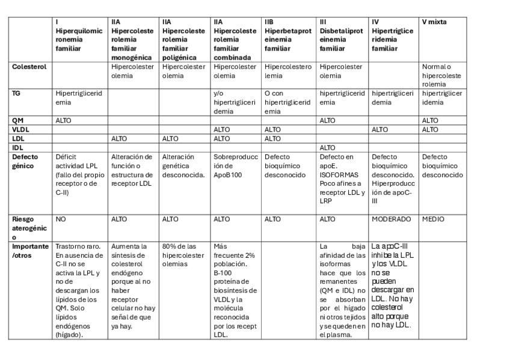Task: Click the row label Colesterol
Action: point(29,67)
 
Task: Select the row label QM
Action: point(18,120)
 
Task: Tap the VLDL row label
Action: point(21,129)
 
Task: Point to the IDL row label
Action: point(17,147)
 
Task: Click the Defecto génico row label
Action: point(25,161)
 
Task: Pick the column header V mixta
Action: point(434,22)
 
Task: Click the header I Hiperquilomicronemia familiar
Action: point(79,35)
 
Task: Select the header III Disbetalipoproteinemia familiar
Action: point(341,35)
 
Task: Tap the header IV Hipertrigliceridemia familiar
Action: point(392,35)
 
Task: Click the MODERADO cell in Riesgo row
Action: point(392,219)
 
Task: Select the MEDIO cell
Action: point(433,219)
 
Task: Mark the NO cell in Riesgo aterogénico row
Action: point(61,219)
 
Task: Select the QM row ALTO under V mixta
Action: point(430,120)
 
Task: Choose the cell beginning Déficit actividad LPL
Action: point(79,174)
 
